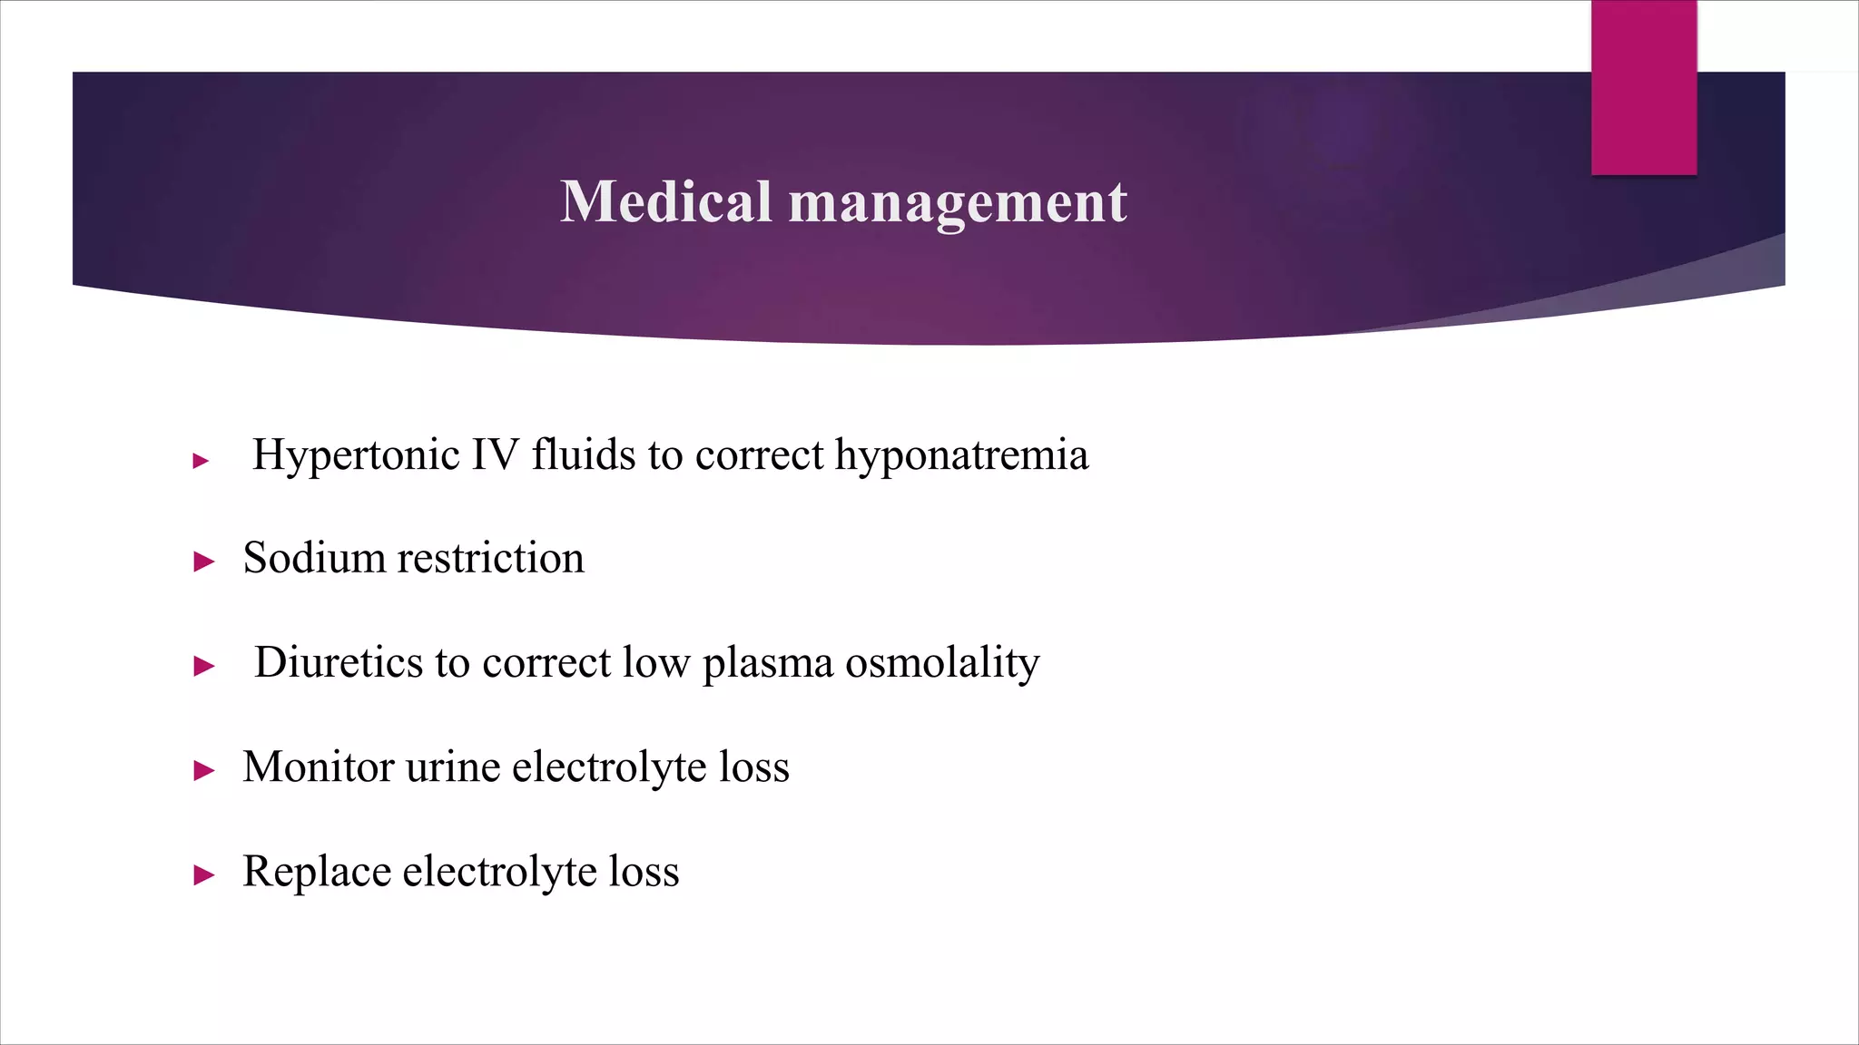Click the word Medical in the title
[665, 201]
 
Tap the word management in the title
[958, 203]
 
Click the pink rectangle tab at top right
[1643, 88]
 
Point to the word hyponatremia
[961, 456]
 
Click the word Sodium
[314, 558]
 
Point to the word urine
[453, 767]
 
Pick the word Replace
[317, 872]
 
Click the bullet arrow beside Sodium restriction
[204, 562]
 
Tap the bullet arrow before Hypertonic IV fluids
[202, 461]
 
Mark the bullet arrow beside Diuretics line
[204, 667]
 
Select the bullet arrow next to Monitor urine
[204, 771]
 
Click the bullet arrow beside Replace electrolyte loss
[204, 875]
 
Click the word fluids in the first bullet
[583, 454]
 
